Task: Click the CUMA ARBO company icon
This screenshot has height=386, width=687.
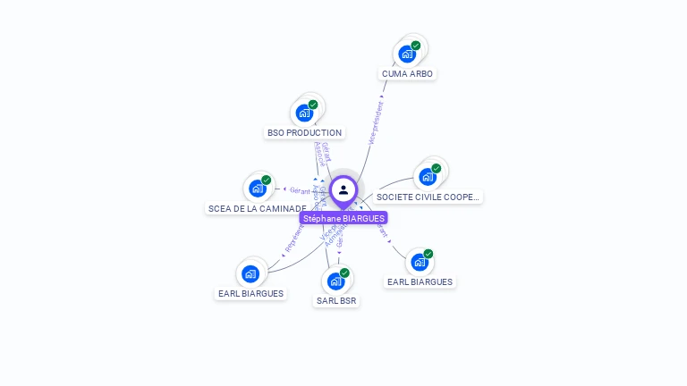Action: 408,54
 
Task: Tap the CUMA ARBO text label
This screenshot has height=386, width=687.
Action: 408,73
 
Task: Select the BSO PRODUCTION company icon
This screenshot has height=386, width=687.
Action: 305,113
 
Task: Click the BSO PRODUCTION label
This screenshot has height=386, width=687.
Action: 305,132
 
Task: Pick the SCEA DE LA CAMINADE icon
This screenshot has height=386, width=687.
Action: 258,189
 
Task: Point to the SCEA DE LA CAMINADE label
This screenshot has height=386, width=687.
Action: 257,208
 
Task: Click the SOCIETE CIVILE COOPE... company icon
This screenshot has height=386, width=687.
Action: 428,177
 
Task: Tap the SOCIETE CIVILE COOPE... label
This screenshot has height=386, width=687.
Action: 428,197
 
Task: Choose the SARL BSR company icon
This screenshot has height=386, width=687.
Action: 336,281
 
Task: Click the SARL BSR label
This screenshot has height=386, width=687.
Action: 336,301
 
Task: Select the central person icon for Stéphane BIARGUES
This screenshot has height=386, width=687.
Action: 343,190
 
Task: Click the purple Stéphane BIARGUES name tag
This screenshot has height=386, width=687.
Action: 343,218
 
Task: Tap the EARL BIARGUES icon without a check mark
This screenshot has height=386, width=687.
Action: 250,273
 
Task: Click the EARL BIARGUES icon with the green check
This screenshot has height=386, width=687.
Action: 420,263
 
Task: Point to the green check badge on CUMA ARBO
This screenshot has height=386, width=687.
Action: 416,46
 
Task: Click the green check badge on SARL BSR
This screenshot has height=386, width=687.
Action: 344,273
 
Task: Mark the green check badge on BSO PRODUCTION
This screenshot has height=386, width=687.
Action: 313,105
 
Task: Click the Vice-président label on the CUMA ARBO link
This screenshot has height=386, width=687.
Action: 376,123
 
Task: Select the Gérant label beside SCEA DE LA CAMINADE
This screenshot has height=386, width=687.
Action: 299,190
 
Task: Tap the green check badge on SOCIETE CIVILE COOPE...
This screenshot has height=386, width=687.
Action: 436,169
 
